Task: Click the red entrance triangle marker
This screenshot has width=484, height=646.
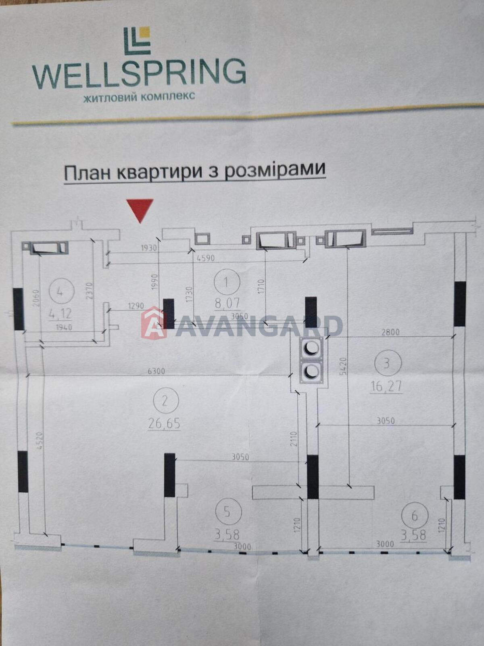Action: pos(140,210)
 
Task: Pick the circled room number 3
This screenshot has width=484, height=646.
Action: pos(387,364)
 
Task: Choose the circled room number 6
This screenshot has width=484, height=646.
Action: pos(415,516)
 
